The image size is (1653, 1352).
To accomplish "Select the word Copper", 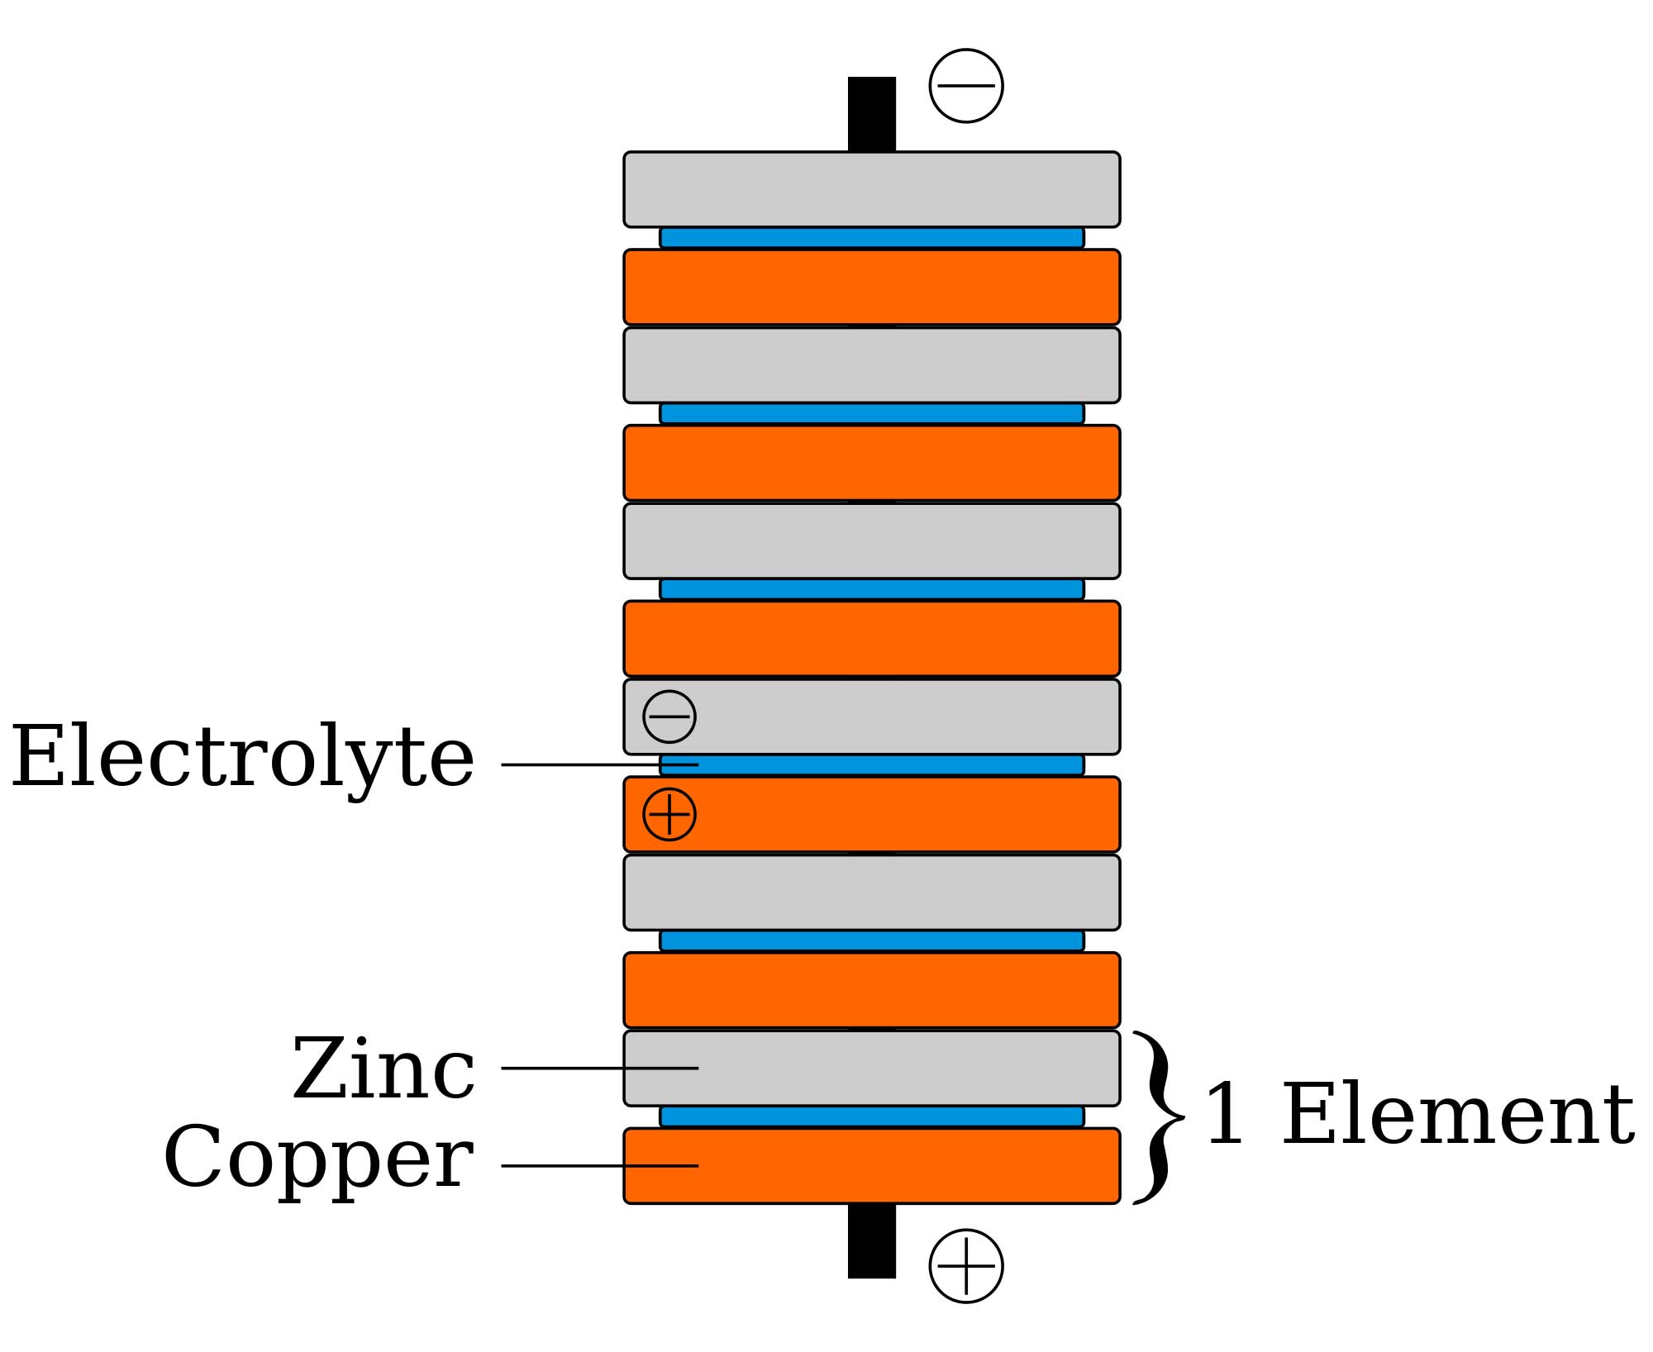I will (319, 1159).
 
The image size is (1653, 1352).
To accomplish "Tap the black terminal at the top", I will (871, 113).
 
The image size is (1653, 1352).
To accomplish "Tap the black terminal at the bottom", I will (871, 1240).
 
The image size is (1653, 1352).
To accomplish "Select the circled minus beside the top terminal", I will (966, 86).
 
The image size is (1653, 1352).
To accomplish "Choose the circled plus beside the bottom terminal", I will (966, 1266).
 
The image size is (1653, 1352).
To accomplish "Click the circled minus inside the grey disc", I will (669, 716).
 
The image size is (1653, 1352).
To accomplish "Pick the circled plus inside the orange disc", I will (669, 814).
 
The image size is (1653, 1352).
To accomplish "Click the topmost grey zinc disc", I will (871, 189).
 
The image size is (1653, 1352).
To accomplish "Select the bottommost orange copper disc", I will (871, 1165).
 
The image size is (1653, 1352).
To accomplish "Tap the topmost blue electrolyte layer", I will (871, 238).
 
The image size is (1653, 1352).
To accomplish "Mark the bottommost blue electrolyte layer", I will (871, 1116).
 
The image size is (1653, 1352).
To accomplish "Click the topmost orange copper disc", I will (871, 287).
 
